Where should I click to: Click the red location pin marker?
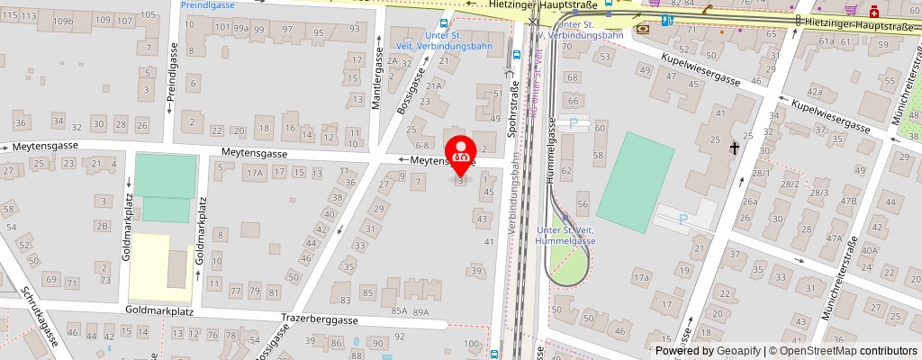coord(462,155)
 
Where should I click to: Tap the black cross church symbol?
coord(735,147)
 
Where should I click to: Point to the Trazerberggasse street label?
coord(320,319)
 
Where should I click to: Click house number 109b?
coord(62,20)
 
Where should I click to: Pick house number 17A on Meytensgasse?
coord(256,172)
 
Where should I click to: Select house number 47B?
coord(848,200)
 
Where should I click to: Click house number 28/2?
coord(791,184)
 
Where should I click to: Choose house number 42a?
coord(815,92)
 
